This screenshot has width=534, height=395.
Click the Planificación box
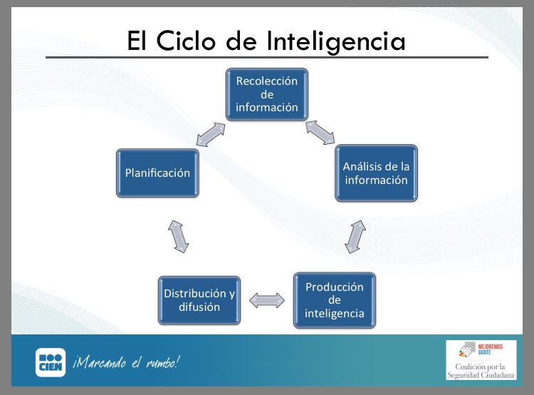tap(158, 173)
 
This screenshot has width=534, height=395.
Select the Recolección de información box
tap(267, 94)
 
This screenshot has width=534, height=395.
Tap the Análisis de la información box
tap(376, 173)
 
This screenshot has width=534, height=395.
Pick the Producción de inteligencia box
tap(334, 299)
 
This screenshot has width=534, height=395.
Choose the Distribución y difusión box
tap(199, 300)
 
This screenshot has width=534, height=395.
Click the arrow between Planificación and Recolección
tap(211, 134)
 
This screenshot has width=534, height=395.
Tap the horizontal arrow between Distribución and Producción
tap(267, 300)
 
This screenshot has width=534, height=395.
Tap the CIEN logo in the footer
tap(51, 362)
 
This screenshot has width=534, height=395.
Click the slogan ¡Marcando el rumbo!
tap(125, 362)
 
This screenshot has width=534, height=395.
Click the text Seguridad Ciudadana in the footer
tap(481, 375)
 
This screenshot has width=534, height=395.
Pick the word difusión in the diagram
tap(199, 307)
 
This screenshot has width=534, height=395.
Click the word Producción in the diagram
tap(334, 287)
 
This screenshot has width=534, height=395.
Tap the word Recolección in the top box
tap(267, 81)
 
